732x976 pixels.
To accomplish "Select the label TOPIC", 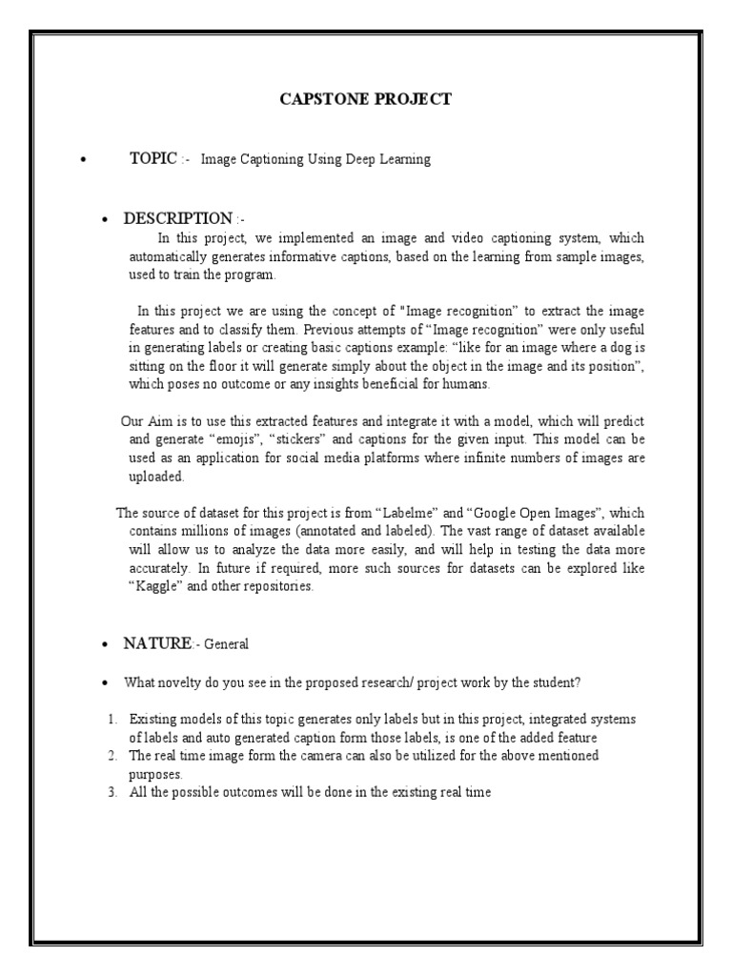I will (152, 159).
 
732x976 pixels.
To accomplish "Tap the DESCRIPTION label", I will (178, 218).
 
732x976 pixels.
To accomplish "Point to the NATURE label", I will (157, 643).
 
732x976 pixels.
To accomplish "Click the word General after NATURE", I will (226, 644).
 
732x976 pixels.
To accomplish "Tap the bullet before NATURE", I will (104, 644).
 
